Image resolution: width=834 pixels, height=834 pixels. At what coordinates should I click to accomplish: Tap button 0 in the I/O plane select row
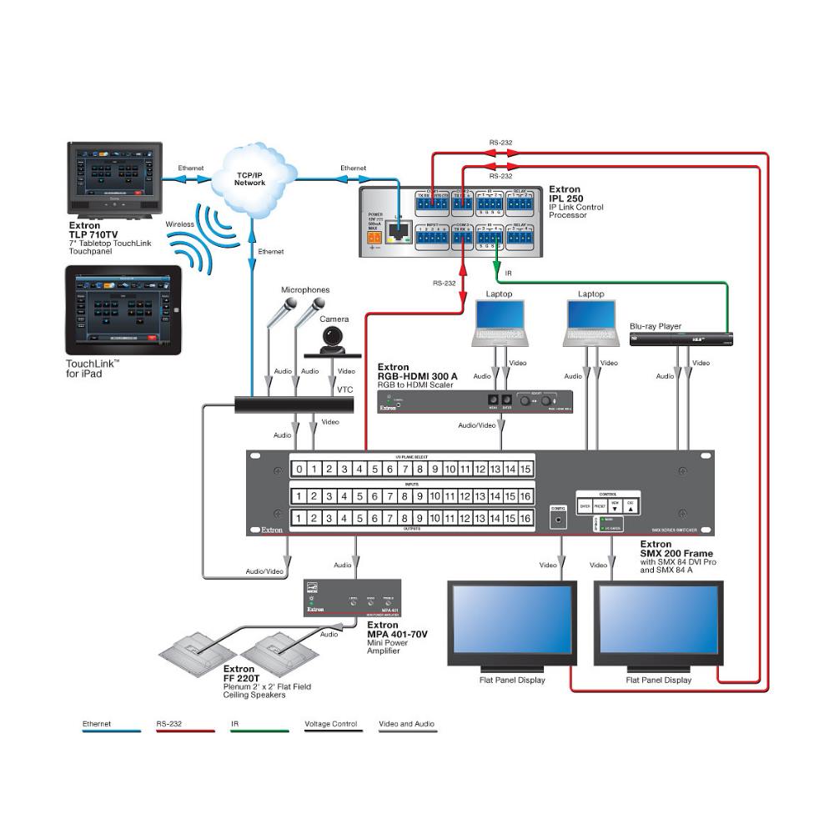[299, 469]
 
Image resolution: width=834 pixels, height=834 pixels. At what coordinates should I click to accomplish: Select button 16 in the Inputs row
[525, 496]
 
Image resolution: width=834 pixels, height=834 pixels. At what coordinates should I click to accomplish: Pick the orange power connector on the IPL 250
[374, 237]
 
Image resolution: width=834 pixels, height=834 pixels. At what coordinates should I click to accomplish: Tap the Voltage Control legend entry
[331, 724]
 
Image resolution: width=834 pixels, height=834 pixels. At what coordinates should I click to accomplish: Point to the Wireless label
[179, 224]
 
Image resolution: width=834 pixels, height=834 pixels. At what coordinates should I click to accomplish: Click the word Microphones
[306, 290]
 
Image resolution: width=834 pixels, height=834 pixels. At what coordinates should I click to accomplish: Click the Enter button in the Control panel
[585, 505]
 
